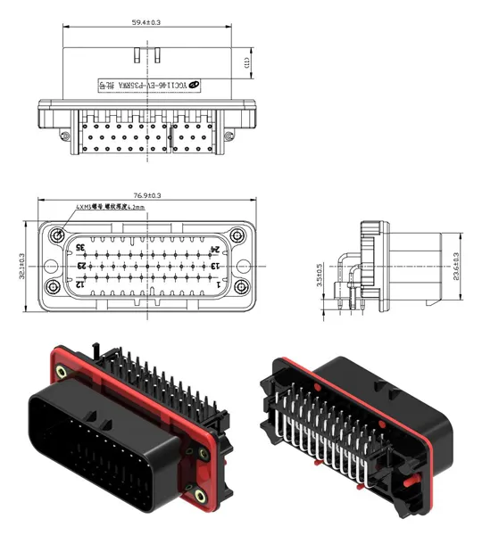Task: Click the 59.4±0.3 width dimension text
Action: (145, 22)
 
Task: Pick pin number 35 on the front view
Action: (80, 247)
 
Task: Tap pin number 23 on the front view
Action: (81, 265)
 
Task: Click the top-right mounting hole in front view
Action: (237, 235)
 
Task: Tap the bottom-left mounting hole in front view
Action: (55, 288)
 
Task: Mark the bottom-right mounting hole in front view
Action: (237, 288)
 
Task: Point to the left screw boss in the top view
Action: (64, 136)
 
